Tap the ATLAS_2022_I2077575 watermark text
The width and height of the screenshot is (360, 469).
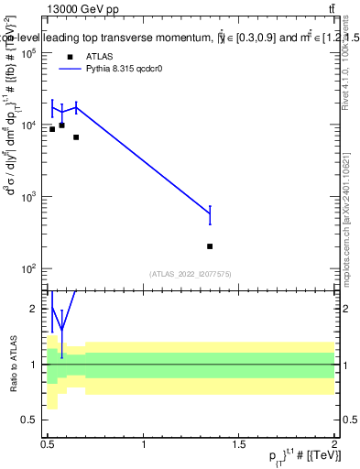pos(191,274)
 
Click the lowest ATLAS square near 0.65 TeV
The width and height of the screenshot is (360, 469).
pos(76,137)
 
